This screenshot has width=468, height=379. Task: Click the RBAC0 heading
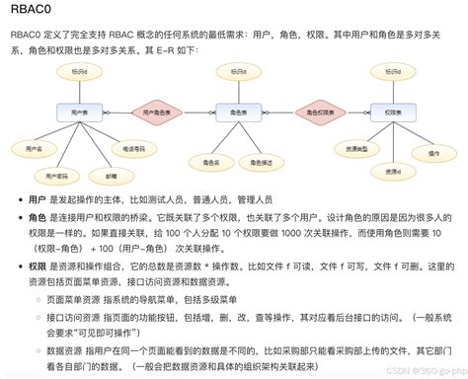(32, 12)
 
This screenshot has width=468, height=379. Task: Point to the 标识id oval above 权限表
(387, 71)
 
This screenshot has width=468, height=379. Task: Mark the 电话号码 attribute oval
(134, 148)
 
